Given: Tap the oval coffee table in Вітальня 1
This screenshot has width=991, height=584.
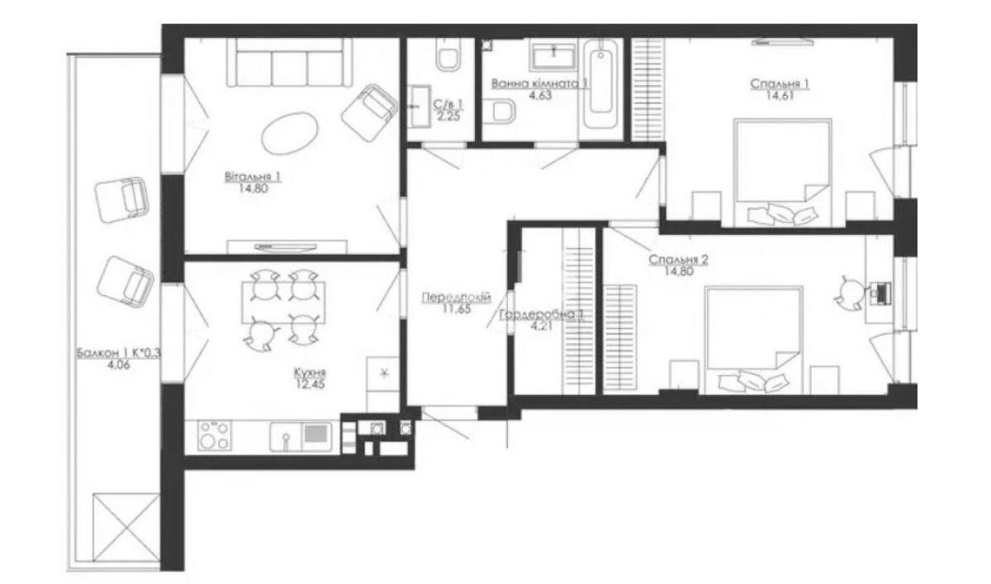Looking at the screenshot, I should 290,133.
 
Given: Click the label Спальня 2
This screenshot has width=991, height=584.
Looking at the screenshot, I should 679,259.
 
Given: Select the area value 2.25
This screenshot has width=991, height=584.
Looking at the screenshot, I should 448,116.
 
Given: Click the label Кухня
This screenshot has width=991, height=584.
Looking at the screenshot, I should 307,372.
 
